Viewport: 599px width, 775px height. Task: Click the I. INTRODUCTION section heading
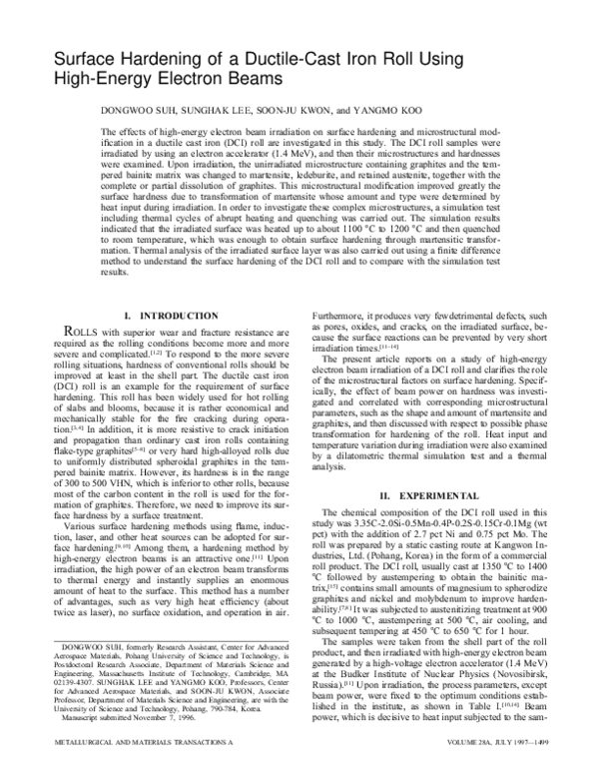point(166,317)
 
